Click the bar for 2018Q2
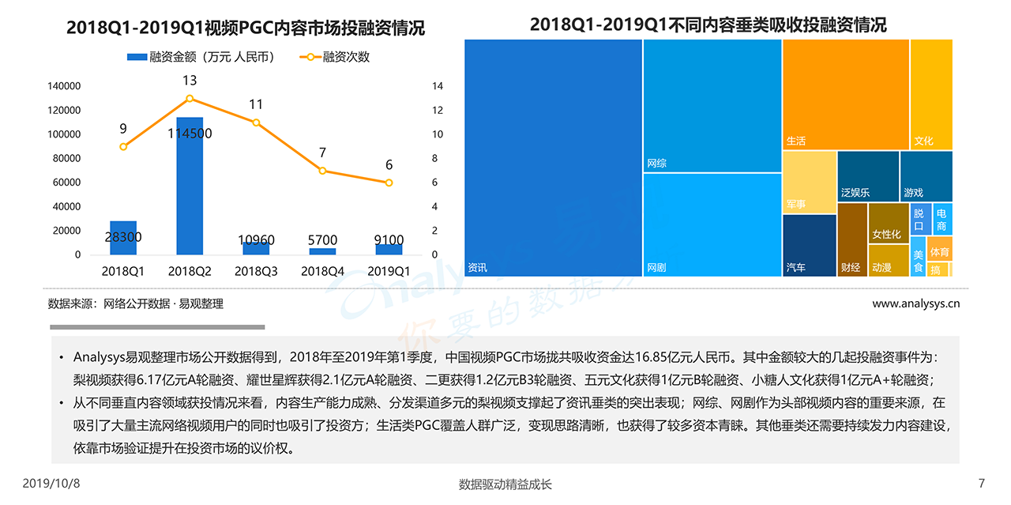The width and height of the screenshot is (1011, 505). (x=190, y=186)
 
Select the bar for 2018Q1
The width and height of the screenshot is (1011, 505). (x=123, y=237)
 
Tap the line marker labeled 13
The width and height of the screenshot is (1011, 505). (x=190, y=98)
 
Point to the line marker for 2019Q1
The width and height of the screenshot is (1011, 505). (x=389, y=183)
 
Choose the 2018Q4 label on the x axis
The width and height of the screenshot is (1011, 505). (x=322, y=270)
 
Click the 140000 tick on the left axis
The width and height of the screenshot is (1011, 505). (x=65, y=85)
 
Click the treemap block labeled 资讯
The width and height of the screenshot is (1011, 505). (x=553, y=158)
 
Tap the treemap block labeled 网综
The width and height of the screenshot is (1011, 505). (x=712, y=106)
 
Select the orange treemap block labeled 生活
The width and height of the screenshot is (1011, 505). (x=845, y=94)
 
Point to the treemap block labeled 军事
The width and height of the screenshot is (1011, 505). (x=809, y=182)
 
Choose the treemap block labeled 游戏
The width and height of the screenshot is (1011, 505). (x=926, y=175)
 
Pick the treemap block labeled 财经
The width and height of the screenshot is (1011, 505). (x=851, y=239)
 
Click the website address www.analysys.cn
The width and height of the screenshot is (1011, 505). (x=915, y=303)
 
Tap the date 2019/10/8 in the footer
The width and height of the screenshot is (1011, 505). (x=51, y=483)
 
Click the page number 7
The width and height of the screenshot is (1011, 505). (x=982, y=483)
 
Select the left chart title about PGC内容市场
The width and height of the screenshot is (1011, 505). (x=246, y=28)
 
